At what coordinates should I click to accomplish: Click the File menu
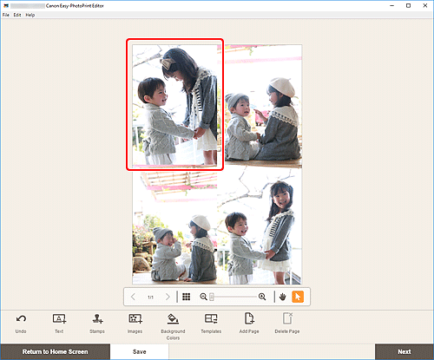(x=6, y=16)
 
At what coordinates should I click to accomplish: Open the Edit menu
(x=17, y=16)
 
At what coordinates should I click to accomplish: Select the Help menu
(x=30, y=16)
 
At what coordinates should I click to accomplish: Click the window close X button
(x=424, y=5)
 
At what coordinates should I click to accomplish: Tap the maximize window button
(x=407, y=5)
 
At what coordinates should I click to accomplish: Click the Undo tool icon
(x=20, y=320)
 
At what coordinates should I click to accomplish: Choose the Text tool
(x=59, y=320)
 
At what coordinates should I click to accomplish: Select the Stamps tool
(x=97, y=320)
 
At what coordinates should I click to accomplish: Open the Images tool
(x=135, y=320)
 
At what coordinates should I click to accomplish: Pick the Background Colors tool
(x=172, y=320)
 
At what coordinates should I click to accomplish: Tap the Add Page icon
(x=250, y=320)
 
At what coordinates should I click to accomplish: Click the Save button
(x=139, y=351)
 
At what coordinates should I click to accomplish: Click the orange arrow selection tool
(x=298, y=297)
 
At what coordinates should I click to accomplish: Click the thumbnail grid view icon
(x=186, y=297)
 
